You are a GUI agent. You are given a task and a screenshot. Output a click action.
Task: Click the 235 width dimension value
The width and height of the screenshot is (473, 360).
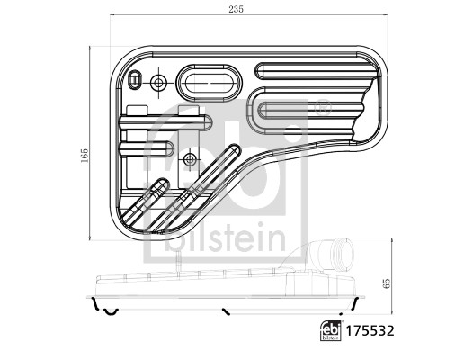[x=235, y=11]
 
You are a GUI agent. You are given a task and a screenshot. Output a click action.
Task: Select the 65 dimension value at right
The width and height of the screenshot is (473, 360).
[x=387, y=282]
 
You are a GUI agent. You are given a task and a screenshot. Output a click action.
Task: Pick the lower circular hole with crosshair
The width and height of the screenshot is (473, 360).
[x=189, y=159]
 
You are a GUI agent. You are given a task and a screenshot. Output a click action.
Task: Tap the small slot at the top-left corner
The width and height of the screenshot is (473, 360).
[x=134, y=81]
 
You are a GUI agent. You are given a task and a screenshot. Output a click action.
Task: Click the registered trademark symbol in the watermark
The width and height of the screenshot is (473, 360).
[x=321, y=109]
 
